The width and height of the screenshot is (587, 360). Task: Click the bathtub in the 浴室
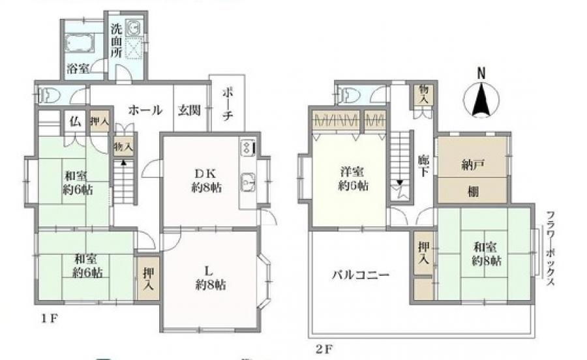click(79, 42)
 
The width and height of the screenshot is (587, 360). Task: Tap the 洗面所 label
click(117, 40)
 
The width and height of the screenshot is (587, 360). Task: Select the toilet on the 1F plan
click(50, 95)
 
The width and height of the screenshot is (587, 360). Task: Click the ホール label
click(145, 110)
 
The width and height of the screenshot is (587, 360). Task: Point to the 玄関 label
click(189, 110)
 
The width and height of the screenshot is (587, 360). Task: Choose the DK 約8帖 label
click(206, 181)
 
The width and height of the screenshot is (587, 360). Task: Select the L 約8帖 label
click(210, 278)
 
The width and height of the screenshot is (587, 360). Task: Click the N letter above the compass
click(481, 73)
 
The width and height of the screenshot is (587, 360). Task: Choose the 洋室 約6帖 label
click(353, 179)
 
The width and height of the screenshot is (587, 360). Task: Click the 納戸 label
click(474, 164)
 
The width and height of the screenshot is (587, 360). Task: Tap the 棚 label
click(474, 192)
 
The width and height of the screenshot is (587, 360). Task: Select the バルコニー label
click(361, 275)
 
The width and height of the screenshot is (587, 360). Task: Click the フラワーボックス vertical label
click(550, 249)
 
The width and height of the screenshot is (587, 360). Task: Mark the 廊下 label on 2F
click(423, 166)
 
